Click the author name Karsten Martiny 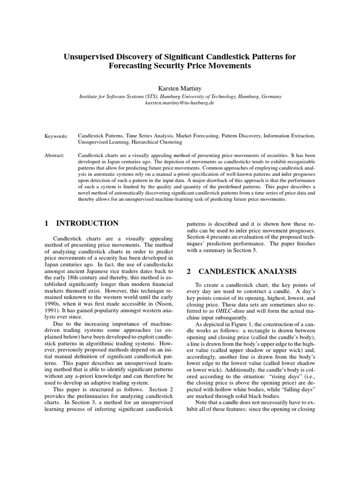[x=180, y=87]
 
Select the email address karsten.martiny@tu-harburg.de [x=180, y=102]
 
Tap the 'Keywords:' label [x=56, y=135]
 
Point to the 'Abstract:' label [x=55, y=155]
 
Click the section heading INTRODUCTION [x=88, y=223]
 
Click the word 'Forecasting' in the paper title [x=130, y=66]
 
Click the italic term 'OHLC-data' [x=230, y=311]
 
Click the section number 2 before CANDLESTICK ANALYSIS [x=189, y=271]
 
